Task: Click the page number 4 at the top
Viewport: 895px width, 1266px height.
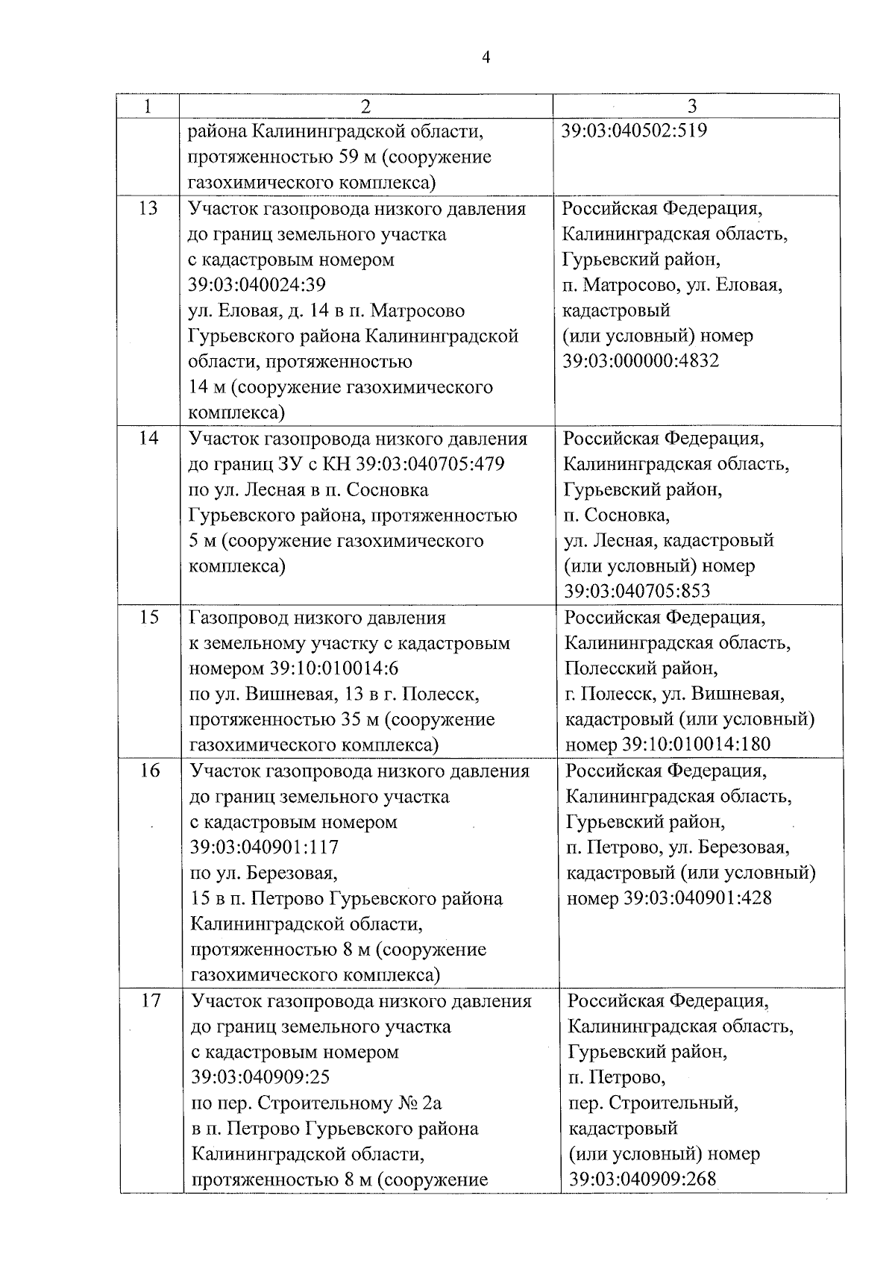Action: (x=486, y=57)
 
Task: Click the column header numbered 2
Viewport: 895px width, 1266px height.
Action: (x=365, y=106)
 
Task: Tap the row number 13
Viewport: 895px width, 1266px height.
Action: (x=148, y=208)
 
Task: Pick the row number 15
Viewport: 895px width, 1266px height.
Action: (x=150, y=618)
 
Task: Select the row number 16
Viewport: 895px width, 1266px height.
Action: (x=151, y=770)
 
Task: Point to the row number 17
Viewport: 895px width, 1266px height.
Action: (x=151, y=1000)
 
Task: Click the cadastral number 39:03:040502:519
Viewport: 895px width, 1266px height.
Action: (x=633, y=131)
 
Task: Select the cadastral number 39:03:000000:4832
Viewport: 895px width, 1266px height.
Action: (x=641, y=361)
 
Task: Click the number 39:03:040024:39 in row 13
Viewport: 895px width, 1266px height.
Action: (x=257, y=285)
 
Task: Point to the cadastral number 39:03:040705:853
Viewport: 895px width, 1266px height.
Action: (x=637, y=591)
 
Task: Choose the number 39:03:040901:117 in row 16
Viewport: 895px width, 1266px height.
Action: (x=265, y=847)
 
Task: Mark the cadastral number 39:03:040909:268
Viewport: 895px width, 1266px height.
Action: (x=642, y=1179)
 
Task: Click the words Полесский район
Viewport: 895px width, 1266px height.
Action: (x=641, y=668)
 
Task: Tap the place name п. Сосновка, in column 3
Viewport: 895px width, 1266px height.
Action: (x=617, y=515)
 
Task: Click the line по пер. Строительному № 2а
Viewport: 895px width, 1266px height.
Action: (x=317, y=1103)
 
